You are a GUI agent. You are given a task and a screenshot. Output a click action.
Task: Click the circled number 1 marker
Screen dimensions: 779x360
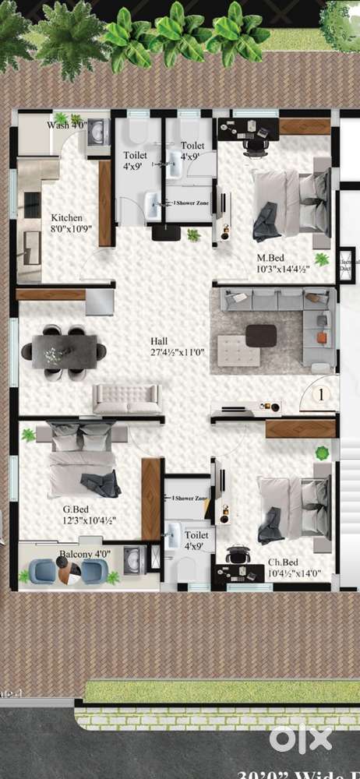321,395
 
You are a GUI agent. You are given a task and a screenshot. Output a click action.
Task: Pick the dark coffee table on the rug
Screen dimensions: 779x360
261,334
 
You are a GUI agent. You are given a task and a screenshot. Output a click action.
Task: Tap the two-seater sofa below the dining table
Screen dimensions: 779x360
126,399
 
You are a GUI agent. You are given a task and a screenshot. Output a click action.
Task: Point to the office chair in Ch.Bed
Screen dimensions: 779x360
237,555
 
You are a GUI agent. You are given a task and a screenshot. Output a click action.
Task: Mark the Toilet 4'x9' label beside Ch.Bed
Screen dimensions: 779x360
196,540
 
